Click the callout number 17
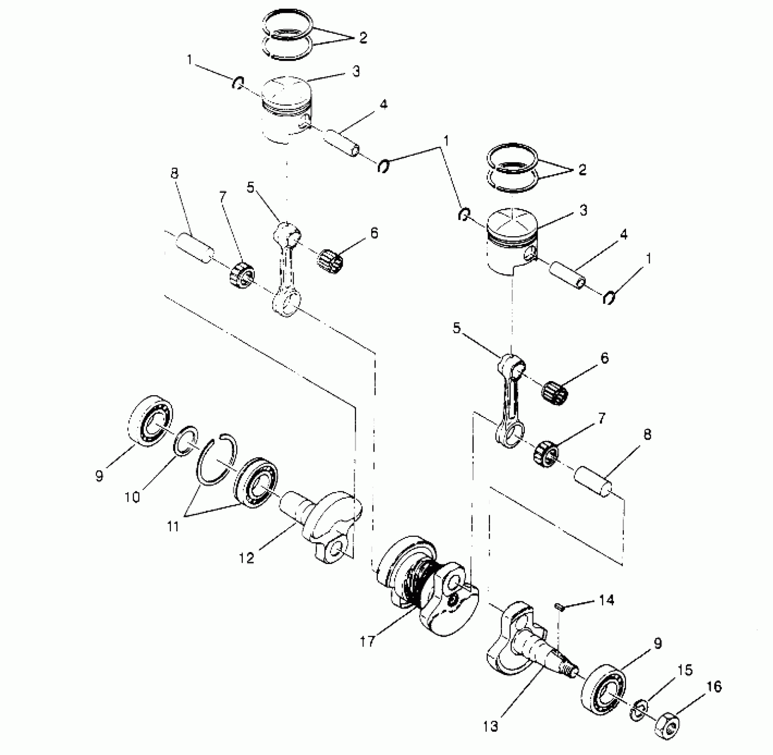[368, 641]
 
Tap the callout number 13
[491, 726]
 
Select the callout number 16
[714, 687]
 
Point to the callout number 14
[607, 601]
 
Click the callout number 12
[246, 558]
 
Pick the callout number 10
[132, 497]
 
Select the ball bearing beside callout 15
[603, 690]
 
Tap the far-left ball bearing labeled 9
[150, 420]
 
